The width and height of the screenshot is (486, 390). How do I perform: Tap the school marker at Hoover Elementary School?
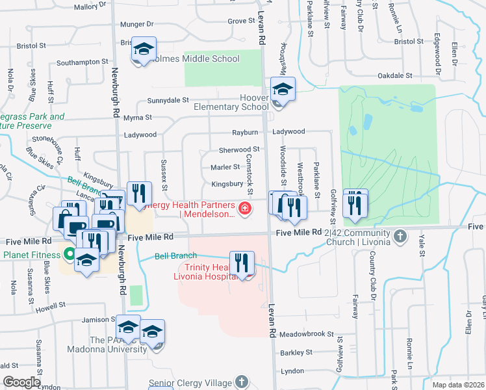[283, 89]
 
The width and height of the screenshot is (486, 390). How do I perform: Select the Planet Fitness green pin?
[70, 253]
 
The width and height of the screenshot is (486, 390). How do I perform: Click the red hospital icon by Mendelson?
[245, 209]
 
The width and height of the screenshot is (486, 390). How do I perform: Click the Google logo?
[21, 382]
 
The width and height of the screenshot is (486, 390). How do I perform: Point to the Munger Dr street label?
[137, 24]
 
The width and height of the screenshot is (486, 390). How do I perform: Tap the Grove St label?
[240, 21]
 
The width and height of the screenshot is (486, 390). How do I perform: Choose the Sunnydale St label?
[168, 101]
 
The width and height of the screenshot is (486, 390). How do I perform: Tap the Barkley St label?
[296, 353]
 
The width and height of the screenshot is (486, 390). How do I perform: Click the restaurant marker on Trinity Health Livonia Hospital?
[242, 263]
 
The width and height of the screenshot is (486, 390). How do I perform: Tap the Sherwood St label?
[239, 150]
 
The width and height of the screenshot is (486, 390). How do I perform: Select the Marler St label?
[225, 168]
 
